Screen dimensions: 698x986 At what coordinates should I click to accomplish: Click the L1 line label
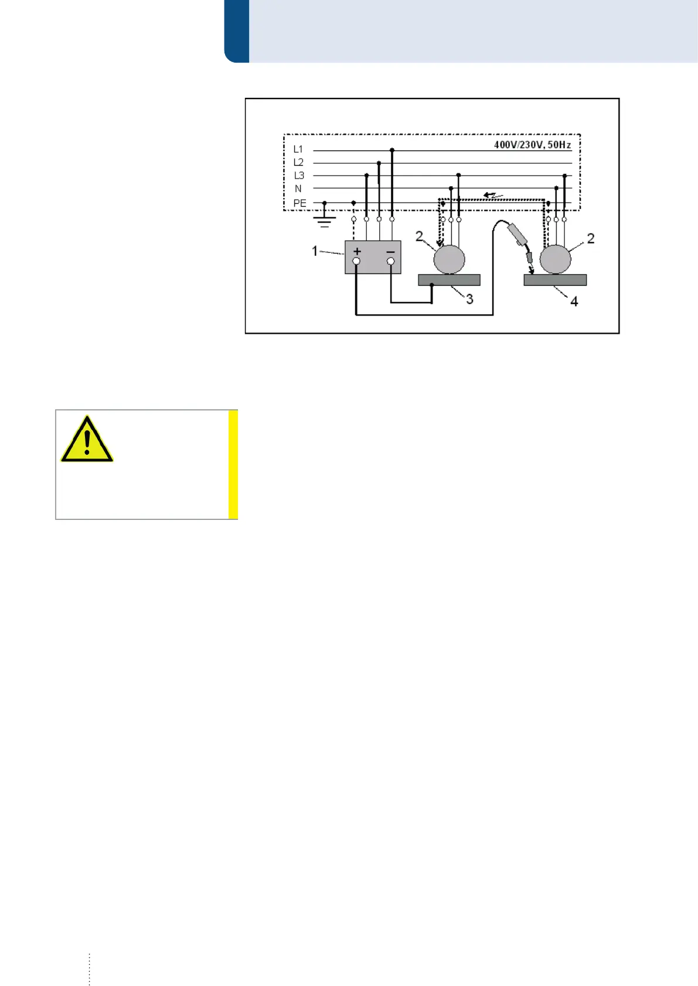pos(298,150)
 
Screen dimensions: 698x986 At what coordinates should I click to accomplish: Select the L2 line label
pos(298,163)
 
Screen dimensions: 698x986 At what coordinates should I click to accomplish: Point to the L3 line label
pos(299,176)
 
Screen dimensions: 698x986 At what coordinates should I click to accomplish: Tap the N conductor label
pos(298,189)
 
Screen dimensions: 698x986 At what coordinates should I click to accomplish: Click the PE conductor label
pos(299,203)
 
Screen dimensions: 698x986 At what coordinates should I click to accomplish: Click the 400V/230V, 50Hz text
pos(532,145)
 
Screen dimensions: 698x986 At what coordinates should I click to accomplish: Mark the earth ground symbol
pos(325,221)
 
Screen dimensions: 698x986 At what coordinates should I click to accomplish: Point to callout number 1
pos(315,251)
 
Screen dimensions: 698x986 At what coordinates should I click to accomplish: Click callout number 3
pos(469,299)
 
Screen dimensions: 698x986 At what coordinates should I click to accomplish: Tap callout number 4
pos(574,302)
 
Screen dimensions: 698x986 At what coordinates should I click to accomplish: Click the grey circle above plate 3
pos(450,259)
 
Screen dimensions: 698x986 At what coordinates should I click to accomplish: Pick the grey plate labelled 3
pos(449,280)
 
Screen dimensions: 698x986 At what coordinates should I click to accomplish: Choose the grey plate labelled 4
pos(555,280)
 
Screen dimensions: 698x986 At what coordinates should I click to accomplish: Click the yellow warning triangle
pos(87,440)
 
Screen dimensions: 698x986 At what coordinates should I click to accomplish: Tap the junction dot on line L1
pos(392,150)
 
